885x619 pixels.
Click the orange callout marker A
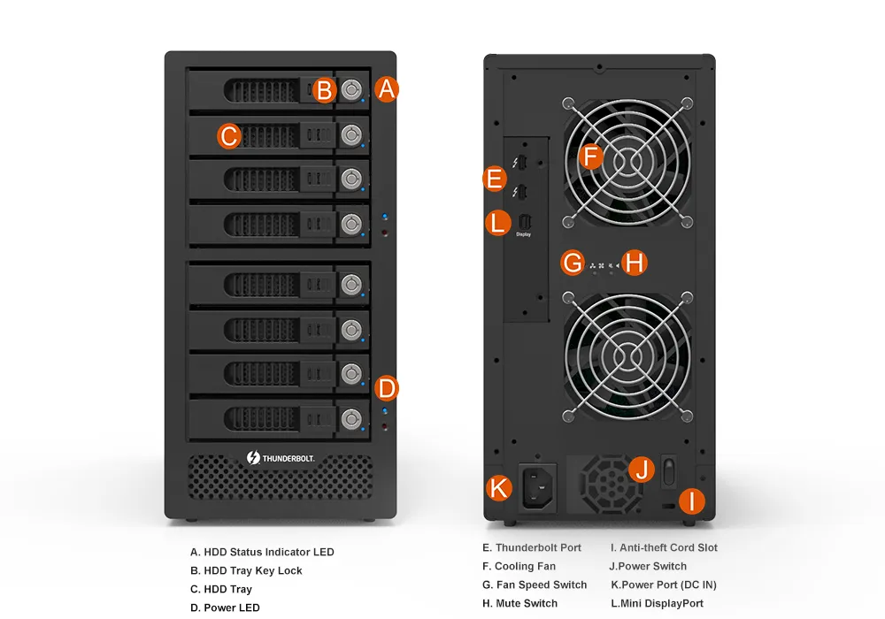pyautogui.click(x=387, y=89)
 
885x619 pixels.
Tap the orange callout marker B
pyautogui.click(x=324, y=90)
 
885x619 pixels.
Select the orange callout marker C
pyautogui.click(x=229, y=136)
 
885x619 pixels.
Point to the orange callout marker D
pyautogui.click(x=387, y=388)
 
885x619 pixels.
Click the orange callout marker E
pyautogui.click(x=495, y=179)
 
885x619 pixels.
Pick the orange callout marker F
pyautogui.click(x=591, y=157)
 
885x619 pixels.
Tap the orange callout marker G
pyautogui.click(x=573, y=264)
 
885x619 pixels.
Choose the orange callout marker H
pyautogui.click(x=635, y=263)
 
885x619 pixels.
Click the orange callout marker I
pyautogui.click(x=692, y=501)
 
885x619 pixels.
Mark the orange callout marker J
pyautogui.click(x=642, y=469)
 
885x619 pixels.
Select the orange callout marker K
pyautogui.click(x=499, y=487)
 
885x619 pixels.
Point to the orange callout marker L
pyautogui.click(x=497, y=223)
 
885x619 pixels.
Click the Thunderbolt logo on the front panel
pyautogui.click(x=281, y=458)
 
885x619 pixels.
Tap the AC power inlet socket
pyautogui.click(x=537, y=486)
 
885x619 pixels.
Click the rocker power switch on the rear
pyautogui.click(x=669, y=471)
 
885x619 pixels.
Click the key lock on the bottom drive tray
pyautogui.click(x=351, y=419)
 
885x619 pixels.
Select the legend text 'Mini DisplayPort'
pyautogui.click(x=662, y=603)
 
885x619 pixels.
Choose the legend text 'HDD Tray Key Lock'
pyautogui.click(x=253, y=570)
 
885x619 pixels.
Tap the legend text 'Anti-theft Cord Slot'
pyautogui.click(x=669, y=547)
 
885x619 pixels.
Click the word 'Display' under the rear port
pyautogui.click(x=523, y=234)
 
